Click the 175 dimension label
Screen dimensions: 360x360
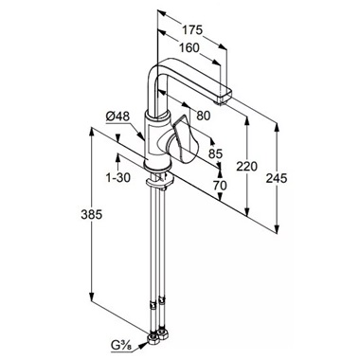click(x=191, y=30)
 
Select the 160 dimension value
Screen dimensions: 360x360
click(x=189, y=48)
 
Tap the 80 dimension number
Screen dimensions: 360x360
click(x=204, y=116)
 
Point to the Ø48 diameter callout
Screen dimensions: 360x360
click(x=117, y=117)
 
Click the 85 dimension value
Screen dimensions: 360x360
click(x=216, y=153)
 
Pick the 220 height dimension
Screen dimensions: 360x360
click(x=247, y=166)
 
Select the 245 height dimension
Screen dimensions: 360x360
click(x=277, y=178)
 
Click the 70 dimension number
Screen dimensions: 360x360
click(x=220, y=186)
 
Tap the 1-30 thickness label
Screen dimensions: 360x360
click(x=118, y=178)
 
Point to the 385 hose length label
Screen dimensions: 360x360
click(x=92, y=215)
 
